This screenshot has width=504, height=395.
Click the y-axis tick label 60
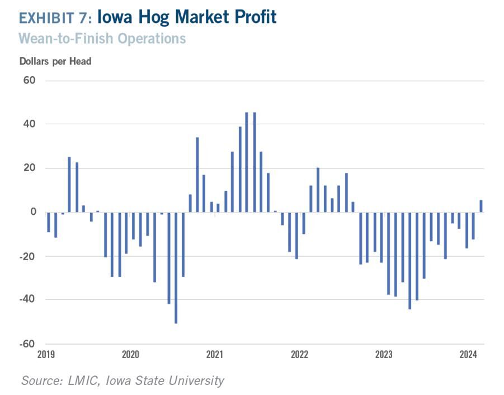[x=29, y=81]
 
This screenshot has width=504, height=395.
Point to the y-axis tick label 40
[x=29, y=124]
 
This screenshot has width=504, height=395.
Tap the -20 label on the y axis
[x=27, y=256]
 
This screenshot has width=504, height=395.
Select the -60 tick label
[x=27, y=344]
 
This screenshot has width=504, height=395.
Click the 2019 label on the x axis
[x=46, y=354]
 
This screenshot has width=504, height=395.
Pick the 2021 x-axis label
[x=215, y=354]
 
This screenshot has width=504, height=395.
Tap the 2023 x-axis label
[x=384, y=354]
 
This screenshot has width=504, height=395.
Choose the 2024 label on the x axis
[x=468, y=354]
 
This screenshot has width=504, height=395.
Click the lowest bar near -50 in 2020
[x=176, y=268]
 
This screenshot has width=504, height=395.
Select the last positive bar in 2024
[x=481, y=206]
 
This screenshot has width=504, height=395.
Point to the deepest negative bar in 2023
[x=410, y=261]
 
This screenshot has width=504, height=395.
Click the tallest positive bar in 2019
[x=69, y=185]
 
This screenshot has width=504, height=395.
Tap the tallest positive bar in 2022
[x=318, y=190]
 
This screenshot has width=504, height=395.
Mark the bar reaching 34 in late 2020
[x=197, y=175]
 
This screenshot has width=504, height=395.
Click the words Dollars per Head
[x=55, y=62]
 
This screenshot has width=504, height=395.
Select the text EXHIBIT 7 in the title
[x=53, y=18]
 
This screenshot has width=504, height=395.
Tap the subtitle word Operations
[x=152, y=39]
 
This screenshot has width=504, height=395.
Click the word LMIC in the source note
[x=83, y=380]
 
